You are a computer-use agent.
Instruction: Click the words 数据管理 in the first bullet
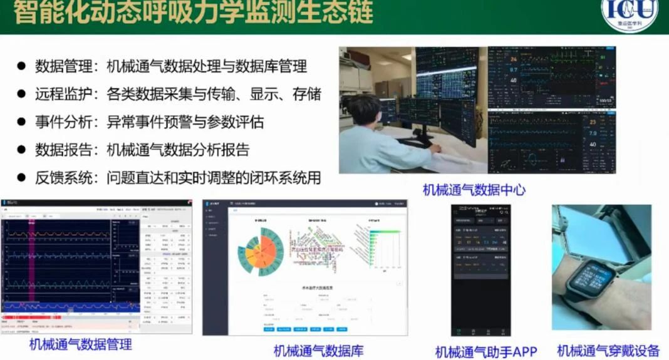coord(63,66)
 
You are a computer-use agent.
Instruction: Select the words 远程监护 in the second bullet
coord(63,94)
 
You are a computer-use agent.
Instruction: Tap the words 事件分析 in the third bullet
coord(63,122)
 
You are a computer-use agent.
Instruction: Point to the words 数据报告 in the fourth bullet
coord(63,150)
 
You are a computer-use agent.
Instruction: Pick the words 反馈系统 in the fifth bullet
coord(63,178)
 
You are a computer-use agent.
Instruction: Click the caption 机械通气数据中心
coord(474,190)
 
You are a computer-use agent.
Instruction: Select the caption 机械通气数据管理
coord(81,344)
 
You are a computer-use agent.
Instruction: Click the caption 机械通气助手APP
coord(486,351)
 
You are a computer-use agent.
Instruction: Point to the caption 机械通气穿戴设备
coord(608,351)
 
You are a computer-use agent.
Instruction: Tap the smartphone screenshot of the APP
coord(481,269)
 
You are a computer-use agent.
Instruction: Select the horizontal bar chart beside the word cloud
coord(380,247)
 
